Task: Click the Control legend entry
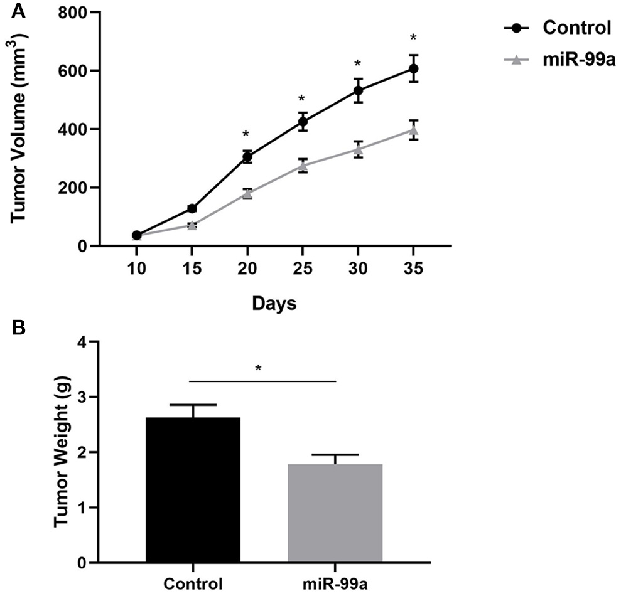point(559,28)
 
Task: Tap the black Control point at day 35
point(413,68)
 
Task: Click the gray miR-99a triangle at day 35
point(413,130)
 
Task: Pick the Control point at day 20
point(247,157)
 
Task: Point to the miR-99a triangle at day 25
point(303,166)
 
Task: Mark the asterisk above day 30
point(357,65)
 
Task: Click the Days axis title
point(274,304)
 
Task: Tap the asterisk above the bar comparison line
point(258,368)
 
